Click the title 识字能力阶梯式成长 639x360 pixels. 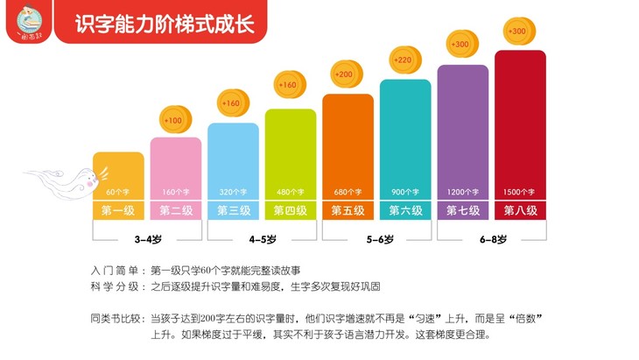pyautogui.click(x=166, y=23)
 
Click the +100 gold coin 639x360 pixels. pyautogui.click(x=174, y=120)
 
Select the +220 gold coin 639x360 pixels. pyautogui.click(x=404, y=61)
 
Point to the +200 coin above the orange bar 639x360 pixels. pyautogui.click(x=345, y=74)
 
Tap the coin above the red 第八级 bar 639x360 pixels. pyautogui.click(x=517, y=32)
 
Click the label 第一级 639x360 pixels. pyautogui.click(x=117, y=210)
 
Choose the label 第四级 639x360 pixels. pyautogui.click(x=290, y=210)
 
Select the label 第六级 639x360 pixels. pyautogui.click(x=405, y=210)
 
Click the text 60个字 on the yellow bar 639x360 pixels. pyautogui.click(x=117, y=192)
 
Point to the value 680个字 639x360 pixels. pyautogui.click(x=348, y=192)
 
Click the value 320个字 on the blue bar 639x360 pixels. pyautogui.click(x=233, y=192)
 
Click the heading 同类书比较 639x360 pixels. pyautogui.click(x=118, y=318)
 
